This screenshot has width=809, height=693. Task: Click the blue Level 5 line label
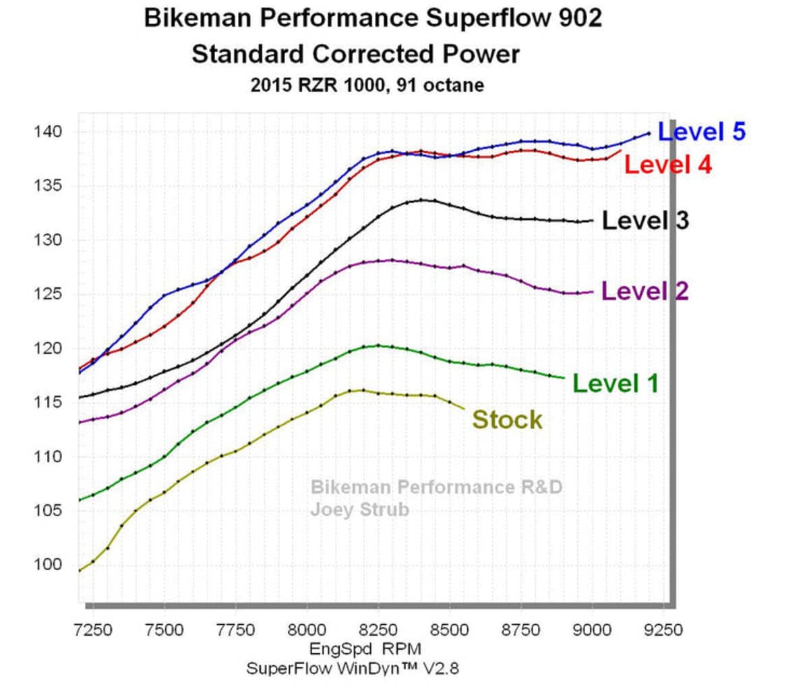701,132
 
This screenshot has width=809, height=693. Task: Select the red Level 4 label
667,165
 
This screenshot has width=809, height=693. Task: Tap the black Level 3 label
645,221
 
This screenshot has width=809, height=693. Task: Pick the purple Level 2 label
645,292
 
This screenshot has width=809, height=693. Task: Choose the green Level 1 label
616,383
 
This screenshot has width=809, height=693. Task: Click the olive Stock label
507,420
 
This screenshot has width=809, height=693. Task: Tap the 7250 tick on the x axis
93,630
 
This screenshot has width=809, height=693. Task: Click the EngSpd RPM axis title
365,649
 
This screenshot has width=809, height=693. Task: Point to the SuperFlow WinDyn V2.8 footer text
353,669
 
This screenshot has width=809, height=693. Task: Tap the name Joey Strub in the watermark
359,509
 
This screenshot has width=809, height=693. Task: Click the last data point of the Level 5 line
649,134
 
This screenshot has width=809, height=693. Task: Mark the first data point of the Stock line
79,571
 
